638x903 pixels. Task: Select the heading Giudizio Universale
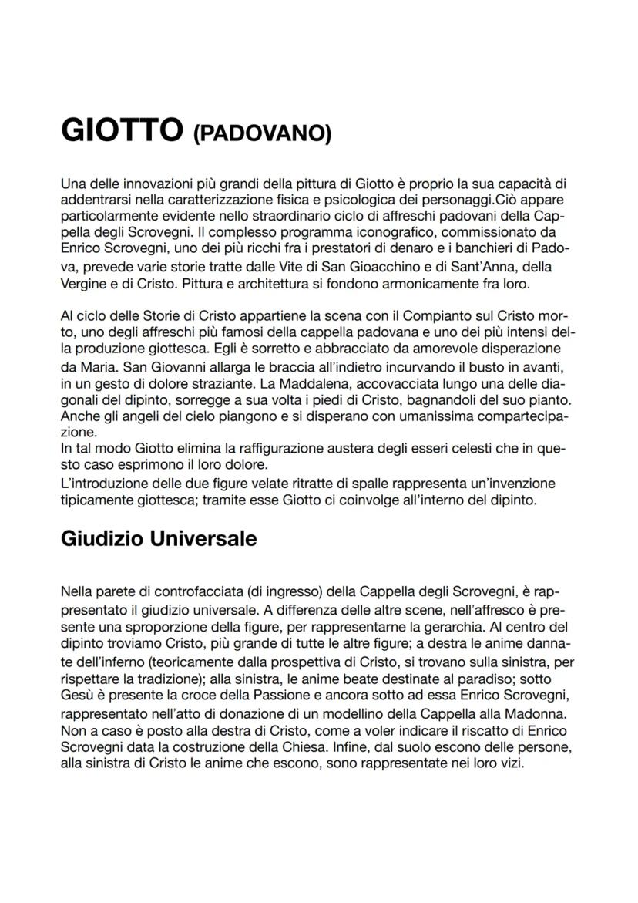coord(158,539)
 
